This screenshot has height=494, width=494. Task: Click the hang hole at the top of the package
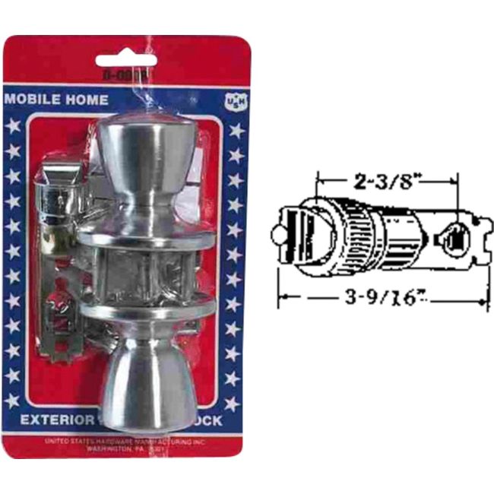[126, 60]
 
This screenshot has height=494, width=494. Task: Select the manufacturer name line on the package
[125, 441]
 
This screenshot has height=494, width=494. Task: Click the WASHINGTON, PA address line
[125, 448]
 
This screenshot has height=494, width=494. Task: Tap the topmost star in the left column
[12, 126]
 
